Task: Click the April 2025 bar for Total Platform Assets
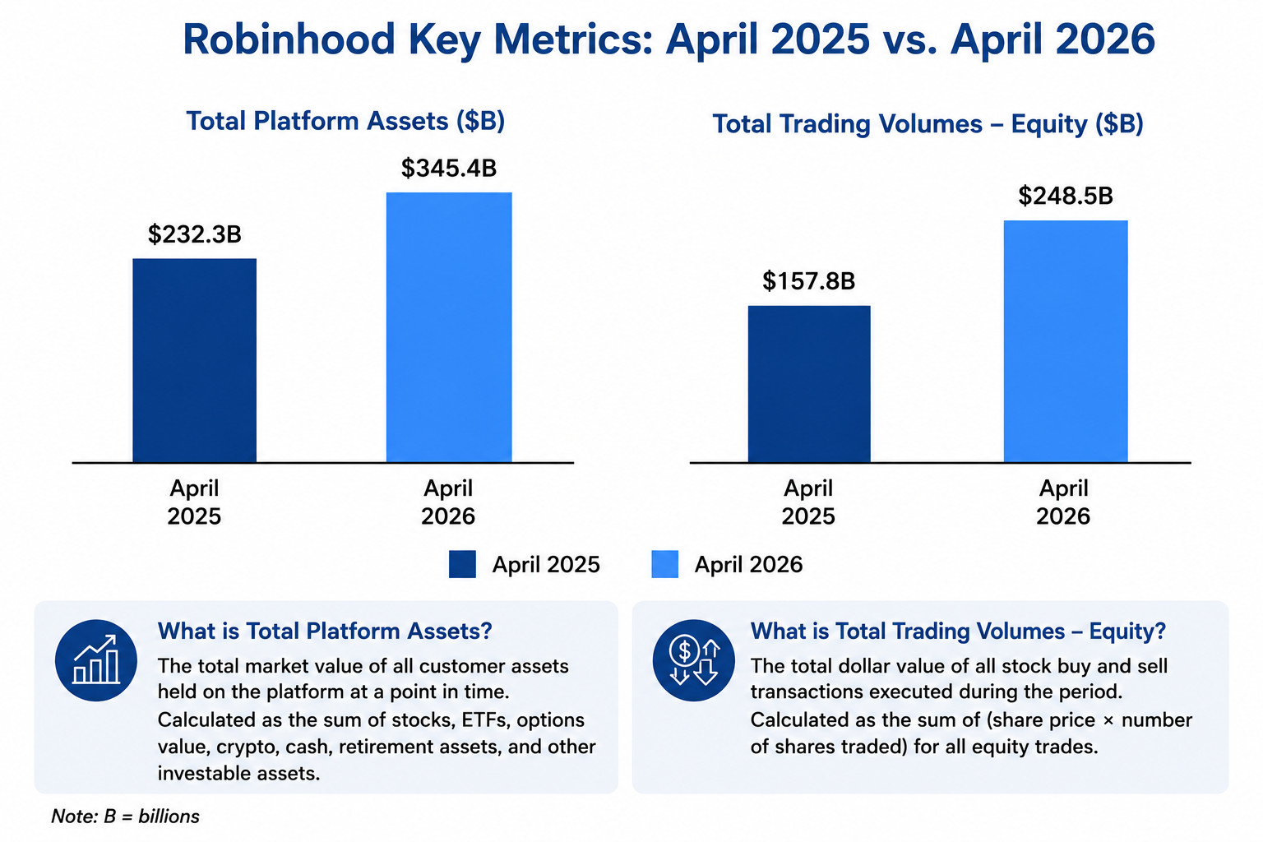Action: [x=195, y=360]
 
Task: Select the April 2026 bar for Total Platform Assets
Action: [x=449, y=327]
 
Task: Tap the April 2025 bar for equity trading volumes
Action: [x=809, y=384]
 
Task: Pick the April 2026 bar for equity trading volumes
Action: [x=1066, y=341]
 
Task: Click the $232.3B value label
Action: [x=195, y=234]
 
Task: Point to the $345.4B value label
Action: [x=449, y=168]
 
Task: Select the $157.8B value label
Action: [x=808, y=281]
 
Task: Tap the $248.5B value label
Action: [x=1066, y=196]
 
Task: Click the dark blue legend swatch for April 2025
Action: [x=462, y=565]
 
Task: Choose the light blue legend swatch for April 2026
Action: [x=664, y=565]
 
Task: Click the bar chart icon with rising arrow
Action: [x=96, y=660]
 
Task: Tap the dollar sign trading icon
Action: [x=693, y=660]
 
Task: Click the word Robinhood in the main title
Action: [x=289, y=39]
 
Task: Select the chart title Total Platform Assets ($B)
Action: [x=345, y=121]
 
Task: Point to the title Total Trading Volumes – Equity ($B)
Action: [x=928, y=124]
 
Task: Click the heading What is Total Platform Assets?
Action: [x=325, y=631]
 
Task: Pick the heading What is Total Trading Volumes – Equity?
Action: [x=958, y=631]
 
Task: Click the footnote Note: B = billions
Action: [x=125, y=817]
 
